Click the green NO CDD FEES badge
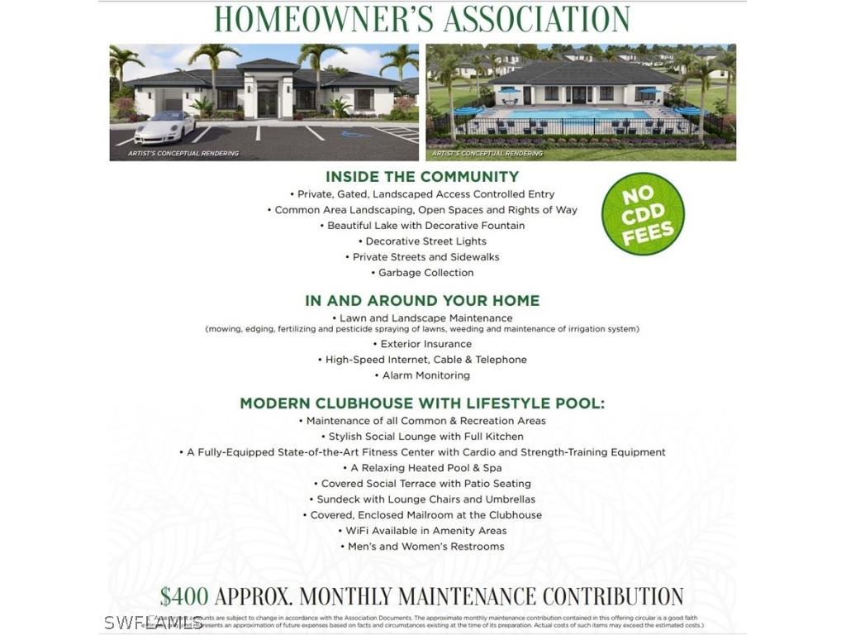point(643,213)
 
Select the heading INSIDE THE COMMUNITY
point(422,176)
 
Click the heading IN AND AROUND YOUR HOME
point(422,300)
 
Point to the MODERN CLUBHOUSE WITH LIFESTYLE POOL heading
point(422,403)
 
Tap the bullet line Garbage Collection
point(425,273)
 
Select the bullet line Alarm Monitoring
point(425,375)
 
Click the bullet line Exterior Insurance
point(425,344)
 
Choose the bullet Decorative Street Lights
point(425,241)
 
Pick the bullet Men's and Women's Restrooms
point(425,547)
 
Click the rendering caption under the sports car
point(183,153)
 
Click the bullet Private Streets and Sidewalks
point(425,257)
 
